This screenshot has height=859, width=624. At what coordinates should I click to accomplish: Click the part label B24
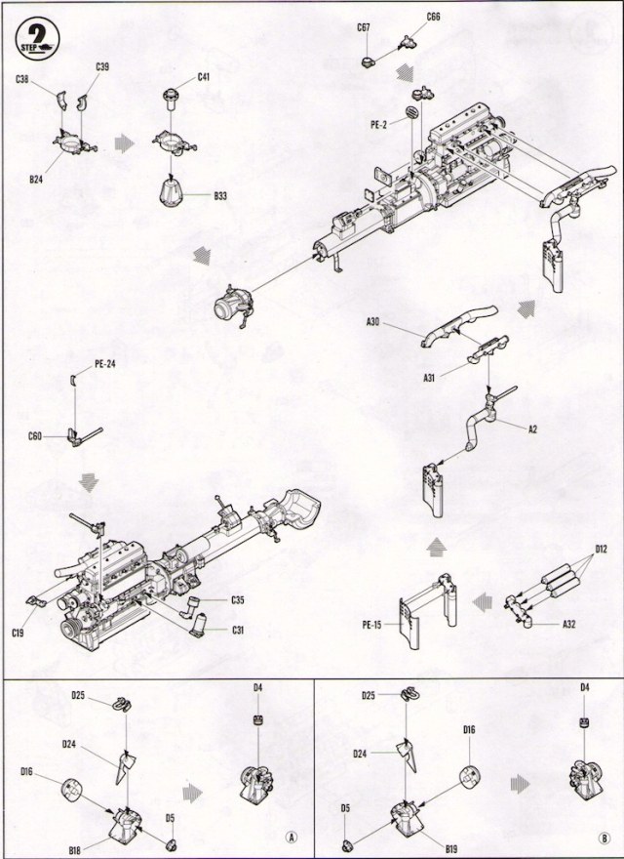[37, 180]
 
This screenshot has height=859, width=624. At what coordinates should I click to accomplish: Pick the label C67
[364, 28]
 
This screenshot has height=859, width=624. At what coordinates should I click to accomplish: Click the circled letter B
[604, 837]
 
